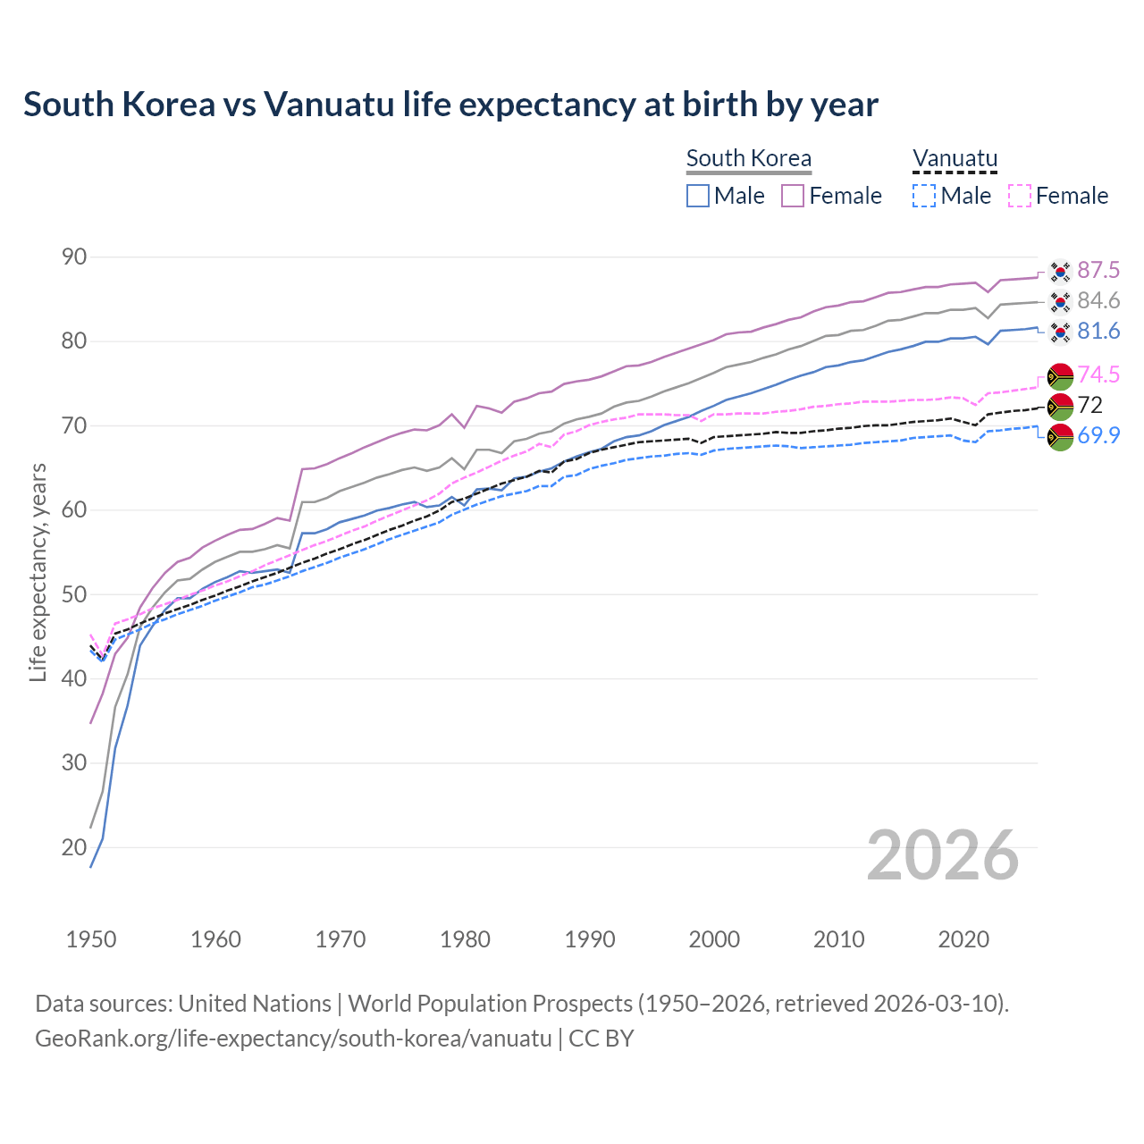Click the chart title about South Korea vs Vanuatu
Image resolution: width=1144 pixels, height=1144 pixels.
coord(450,105)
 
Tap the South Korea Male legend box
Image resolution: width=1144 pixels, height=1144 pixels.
coord(698,196)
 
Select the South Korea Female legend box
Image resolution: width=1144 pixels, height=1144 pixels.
coord(793,196)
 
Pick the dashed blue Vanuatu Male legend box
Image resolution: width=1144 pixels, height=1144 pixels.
coord(924,196)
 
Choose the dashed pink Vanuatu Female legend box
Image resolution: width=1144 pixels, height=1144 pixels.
coord(1020,196)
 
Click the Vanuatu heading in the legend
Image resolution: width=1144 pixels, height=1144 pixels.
coord(955,159)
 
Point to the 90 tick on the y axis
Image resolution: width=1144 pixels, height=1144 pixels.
coord(74,257)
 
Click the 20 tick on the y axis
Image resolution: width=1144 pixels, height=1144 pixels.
coord(74,847)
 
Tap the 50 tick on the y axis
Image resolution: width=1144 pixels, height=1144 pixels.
coord(74,594)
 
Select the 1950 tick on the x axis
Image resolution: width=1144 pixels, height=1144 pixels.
coord(91,939)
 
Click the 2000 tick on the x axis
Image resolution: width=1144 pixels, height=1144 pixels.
coord(714,939)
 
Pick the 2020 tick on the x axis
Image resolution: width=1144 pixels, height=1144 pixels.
coord(963,939)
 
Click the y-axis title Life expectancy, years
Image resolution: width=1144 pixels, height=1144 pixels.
coord(38,572)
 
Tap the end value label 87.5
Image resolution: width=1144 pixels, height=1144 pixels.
coord(1098,270)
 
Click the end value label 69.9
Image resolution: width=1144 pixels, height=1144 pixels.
coord(1098,435)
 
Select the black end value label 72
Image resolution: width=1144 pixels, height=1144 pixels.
coord(1090,405)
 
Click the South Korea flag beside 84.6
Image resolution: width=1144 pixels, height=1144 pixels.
coord(1060,301)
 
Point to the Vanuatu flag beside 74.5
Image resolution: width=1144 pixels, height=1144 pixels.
coord(1060,376)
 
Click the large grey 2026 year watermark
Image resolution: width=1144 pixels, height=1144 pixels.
coord(943,855)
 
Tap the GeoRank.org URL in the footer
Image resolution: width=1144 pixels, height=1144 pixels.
coord(293,1039)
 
